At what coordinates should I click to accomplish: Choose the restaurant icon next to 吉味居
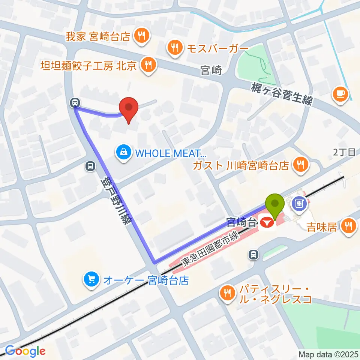[349, 226]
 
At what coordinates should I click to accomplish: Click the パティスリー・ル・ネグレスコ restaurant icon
[227, 292]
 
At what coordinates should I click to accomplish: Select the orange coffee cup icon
[340, 93]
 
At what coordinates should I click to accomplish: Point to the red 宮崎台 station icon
[267, 222]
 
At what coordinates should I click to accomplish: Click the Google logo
[25, 351]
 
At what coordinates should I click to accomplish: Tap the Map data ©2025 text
[328, 354]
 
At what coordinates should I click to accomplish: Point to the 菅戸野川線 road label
[116, 201]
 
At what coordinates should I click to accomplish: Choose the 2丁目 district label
[344, 152]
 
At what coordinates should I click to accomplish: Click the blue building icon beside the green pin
[300, 204]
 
